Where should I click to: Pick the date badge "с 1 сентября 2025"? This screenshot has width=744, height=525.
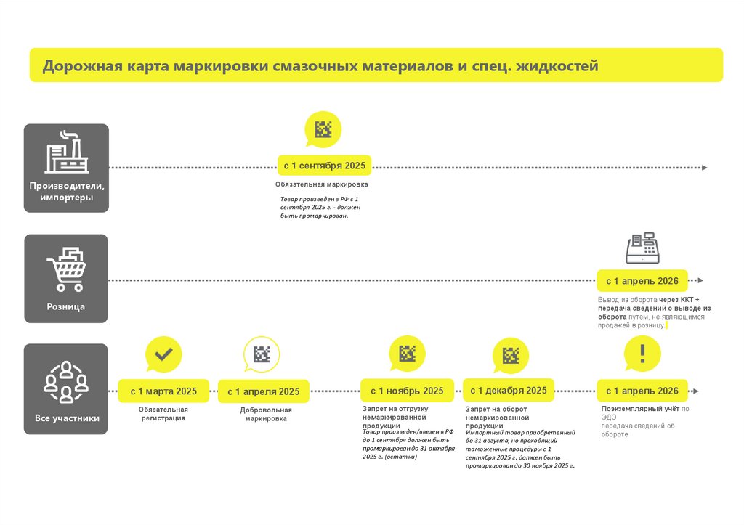pyautogui.click(x=324, y=166)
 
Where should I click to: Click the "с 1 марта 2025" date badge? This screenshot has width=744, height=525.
pyautogui.click(x=163, y=391)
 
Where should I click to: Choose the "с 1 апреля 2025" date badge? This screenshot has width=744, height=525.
pyautogui.click(x=263, y=392)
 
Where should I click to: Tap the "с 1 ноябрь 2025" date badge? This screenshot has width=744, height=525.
pyautogui.click(x=407, y=391)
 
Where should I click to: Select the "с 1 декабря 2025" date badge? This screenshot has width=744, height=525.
pyautogui.click(x=509, y=391)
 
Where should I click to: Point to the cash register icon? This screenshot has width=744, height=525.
pyautogui.click(x=642, y=248)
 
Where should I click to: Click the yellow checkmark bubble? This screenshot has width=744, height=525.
pyautogui.click(x=163, y=354)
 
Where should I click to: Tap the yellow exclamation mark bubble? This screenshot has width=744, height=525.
pyautogui.click(x=642, y=354)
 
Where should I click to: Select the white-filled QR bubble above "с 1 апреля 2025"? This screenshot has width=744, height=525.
pyautogui.click(x=261, y=354)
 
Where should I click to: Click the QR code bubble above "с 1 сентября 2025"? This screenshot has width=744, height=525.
pyautogui.click(x=323, y=129)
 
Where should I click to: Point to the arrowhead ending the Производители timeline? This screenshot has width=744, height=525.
pyautogui.click(x=703, y=168)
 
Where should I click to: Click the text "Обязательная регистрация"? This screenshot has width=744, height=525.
pyautogui.click(x=163, y=414)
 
